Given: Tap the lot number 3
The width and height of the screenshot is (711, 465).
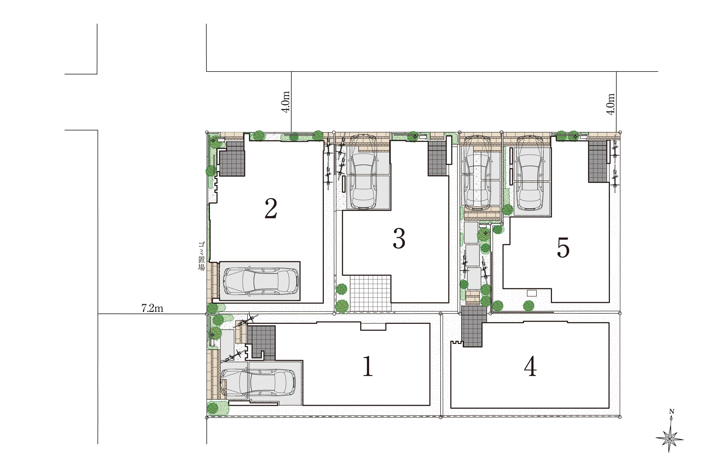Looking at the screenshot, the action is [399, 238].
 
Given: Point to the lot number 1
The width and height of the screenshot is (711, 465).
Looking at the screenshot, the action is [368, 366].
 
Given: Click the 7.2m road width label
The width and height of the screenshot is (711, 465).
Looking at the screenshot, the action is [152, 308].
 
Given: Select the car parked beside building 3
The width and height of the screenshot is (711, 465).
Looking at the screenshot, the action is [363, 171].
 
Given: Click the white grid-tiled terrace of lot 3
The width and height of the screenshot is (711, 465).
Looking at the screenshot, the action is [371, 293].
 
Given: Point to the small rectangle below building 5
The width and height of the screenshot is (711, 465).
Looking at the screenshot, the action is [532, 293].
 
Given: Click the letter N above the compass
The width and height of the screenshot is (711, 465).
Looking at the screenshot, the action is [672, 412].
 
